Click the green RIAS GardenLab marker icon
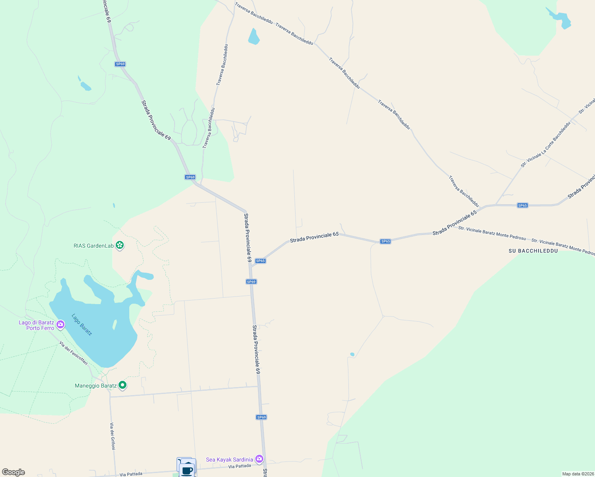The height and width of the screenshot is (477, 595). coord(120,245)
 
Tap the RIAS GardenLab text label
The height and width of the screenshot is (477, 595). coord(93,246)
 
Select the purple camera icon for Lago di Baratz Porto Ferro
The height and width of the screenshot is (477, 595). coord(60,325)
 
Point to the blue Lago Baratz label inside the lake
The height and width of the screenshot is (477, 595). coord(82,325)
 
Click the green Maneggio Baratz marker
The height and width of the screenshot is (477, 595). coord(123,385)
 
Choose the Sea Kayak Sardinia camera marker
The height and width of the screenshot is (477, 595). coord(259,459)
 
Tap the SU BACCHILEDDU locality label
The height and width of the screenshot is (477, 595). coord(533,251)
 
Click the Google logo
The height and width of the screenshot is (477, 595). coord(13,472)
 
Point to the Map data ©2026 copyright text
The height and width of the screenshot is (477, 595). coord(577,474)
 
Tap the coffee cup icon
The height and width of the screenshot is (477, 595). coord(187,470)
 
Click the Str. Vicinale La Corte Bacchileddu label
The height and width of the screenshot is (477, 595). coord(546,144)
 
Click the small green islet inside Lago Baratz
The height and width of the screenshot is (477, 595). coord(115,325)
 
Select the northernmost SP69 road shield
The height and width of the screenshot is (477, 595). coord(120,64)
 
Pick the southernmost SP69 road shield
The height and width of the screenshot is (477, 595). coord(261,417)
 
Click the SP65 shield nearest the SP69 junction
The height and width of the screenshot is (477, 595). coord(260,261)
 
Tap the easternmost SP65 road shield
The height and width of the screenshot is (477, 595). coord(522,206)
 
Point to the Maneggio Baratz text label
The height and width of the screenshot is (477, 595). coord(96,386)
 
